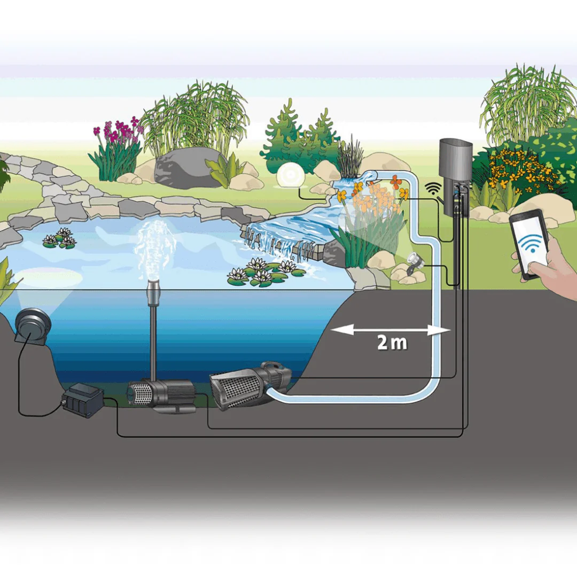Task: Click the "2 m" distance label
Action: [x=392, y=343]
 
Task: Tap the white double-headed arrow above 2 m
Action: [x=391, y=330]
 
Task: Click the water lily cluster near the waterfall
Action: [x=266, y=272]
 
